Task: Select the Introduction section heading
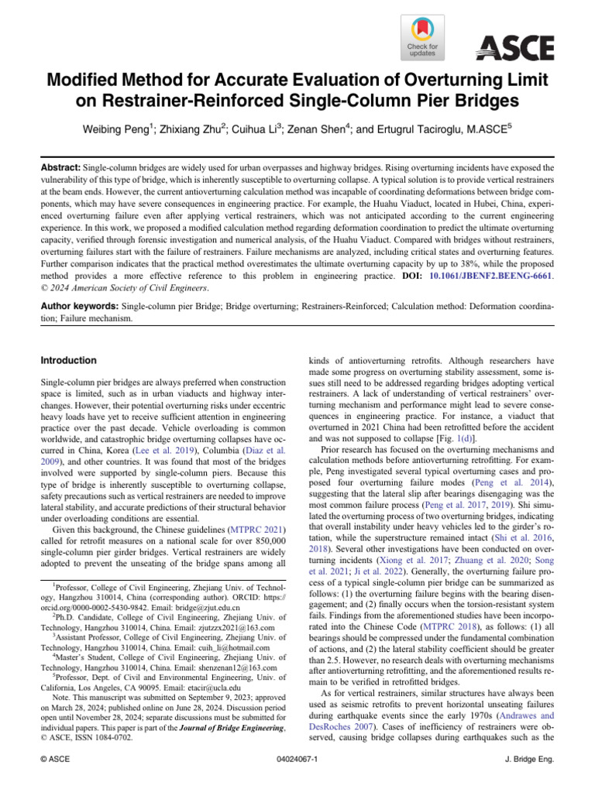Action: pyautogui.click(x=68, y=361)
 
